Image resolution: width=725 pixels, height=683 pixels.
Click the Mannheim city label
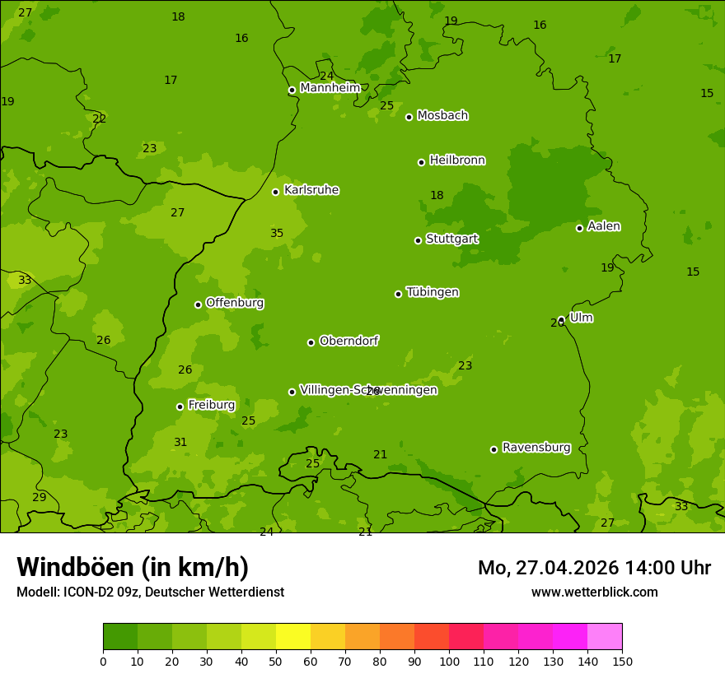[330, 88]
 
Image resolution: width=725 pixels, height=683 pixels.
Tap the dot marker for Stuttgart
[418, 240]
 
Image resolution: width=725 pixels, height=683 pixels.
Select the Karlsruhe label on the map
[311, 190]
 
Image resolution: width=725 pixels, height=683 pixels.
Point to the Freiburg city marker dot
[180, 407]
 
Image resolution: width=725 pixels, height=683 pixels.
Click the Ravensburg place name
[536, 448]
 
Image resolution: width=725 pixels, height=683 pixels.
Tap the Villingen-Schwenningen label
[368, 390]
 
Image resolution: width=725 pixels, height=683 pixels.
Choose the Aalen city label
[603, 226]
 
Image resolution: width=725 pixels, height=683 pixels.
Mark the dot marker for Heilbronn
[421, 162]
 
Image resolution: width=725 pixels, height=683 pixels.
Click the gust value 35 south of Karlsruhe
[277, 234]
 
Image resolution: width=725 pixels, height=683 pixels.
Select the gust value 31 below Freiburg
[180, 443]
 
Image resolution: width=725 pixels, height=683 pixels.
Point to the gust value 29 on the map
[40, 498]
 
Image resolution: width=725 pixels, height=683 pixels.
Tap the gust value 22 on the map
[100, 119]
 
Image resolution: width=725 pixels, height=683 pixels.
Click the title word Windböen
[75, 567]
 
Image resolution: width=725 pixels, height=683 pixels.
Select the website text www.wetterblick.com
[594, 592]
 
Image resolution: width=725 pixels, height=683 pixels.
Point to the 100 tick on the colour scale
[449, 661]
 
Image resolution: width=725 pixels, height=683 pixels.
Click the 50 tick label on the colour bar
[276, 661]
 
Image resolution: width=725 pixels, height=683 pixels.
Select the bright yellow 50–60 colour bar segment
[293, 637]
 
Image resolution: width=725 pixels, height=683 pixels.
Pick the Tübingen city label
[432, 292]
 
